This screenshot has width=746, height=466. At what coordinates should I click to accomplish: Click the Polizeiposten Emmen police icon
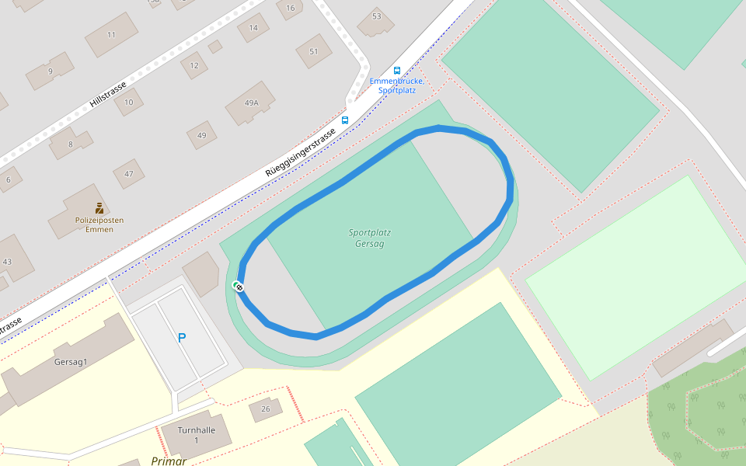pyautogui.click(x=99, y=208)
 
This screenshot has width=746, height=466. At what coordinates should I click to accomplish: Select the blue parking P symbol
pyautogui.click(x=182, y=338)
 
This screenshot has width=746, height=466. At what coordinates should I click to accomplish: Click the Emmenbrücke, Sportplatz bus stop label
pyautogui.click(x=396, y=85)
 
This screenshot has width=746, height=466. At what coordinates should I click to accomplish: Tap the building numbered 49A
pyautogui.click(x=251, y=103)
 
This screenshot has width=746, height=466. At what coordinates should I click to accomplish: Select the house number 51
pyautogui.click(x=314, y=52)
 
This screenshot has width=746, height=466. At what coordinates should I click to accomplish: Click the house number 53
pyautogui.click(x=377, y=16)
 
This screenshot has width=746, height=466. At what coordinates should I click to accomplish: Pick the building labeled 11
pyautogui.click(x=111, y=35)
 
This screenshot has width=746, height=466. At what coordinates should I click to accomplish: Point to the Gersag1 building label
pyautogui.click(x=71, y=362)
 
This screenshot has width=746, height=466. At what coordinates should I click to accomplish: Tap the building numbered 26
pyautogui.click(x=266, y=409)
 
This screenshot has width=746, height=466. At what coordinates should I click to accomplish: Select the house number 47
pyautogui.click(x=128, y=174)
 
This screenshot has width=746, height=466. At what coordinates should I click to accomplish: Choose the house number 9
pyautogui.click(x=51, y=71)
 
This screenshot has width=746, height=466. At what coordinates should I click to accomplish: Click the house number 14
pyautogui.click(x=253, y=28)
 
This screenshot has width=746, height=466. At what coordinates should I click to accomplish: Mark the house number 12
pyautogui.click(x=193, y=66)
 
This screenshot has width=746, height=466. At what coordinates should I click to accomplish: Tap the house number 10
pyautogui.click(x=129, y=102)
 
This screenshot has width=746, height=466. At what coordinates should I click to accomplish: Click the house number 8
pyautogui.click(x=70, y=144)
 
